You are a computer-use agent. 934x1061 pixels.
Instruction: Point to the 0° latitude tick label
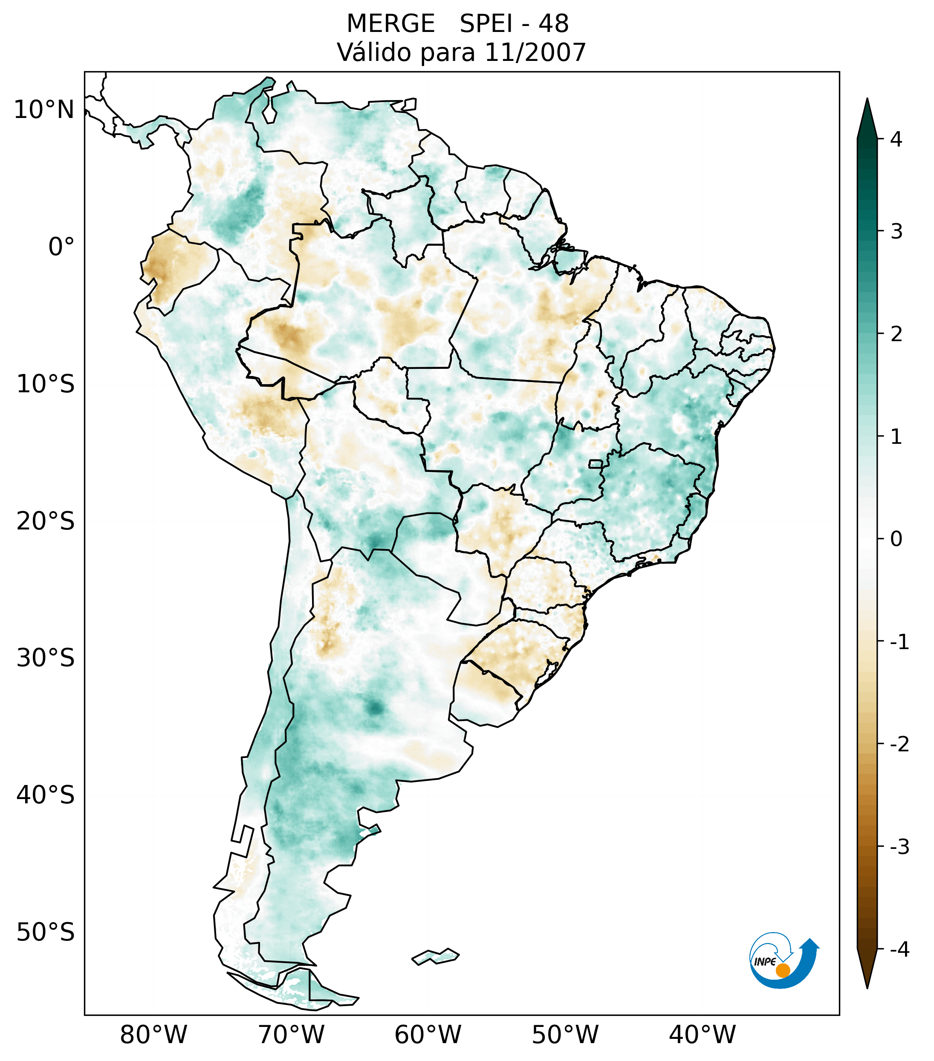[61, 247]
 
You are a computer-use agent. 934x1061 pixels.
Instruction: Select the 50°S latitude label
[46, 932]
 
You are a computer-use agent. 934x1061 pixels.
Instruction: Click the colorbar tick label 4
[896, 139]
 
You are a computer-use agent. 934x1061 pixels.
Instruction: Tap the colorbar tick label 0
[896, 539]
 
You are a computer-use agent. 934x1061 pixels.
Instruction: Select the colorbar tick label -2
[899, 745]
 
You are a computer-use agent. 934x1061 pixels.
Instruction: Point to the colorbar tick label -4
[899, 949]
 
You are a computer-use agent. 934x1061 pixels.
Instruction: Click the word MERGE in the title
[390, 24]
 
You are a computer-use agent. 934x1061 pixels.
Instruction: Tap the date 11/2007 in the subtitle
[535, 52]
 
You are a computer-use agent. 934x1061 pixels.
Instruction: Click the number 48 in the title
[553, 24]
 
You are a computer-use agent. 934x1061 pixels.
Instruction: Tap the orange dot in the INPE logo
[782, 970]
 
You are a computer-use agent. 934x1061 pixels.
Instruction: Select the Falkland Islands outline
[435, 956]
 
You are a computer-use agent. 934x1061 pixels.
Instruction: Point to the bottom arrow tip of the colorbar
[867, 987]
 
